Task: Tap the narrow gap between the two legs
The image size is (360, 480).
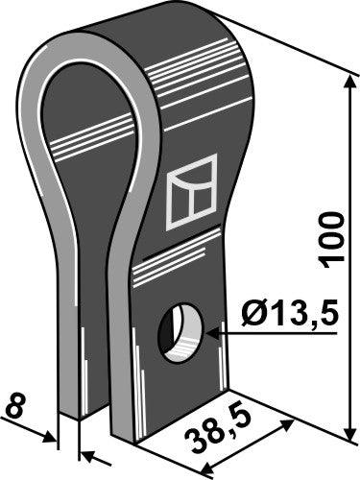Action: [100, 384]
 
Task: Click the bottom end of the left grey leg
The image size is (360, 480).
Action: [70, 411]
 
